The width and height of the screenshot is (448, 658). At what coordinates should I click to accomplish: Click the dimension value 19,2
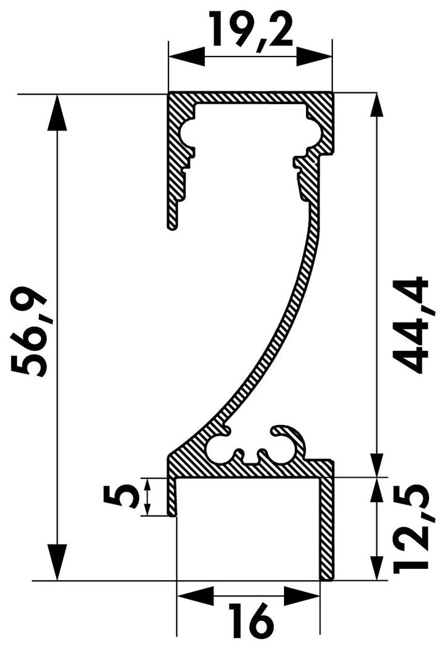click(251, 29)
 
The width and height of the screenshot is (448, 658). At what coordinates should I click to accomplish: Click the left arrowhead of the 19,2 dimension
click(187, 57)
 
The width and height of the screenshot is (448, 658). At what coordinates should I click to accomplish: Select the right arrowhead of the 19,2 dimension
click(313, 57)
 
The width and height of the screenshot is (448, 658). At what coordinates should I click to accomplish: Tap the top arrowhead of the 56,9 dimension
click(57, 113)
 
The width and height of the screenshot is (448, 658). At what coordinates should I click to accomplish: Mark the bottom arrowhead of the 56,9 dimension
click(57, 562)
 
